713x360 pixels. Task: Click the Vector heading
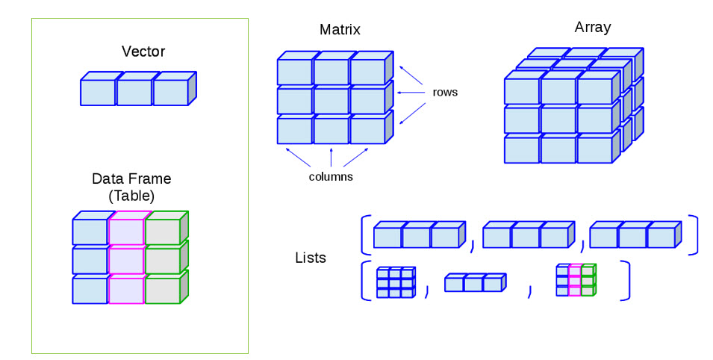pyautogui.click(x=143, y=52)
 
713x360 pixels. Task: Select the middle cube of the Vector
pyautogui.click(x=134, y=92)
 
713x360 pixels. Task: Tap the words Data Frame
pyautogui.click(x=131, y=179)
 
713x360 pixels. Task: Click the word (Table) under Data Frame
pyautogui.click(x=131, y=196)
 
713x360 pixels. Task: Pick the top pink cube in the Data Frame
pyautogui.click(x=126, y=232)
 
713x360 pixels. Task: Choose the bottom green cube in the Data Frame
pyautogui.click(x=163, y=290)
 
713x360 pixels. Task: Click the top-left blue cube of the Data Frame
pyautogui.click(x=90, y=232)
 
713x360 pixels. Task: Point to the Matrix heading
pyautogui.click(x=340, y=31)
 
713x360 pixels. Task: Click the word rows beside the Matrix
pyautogui.click(x=445, y=93)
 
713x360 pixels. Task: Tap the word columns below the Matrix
pyautogui.click(x=331, y=177)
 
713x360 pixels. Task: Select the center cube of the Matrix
pyautogui.click(x=331, y=100)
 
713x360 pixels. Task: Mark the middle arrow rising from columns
pyautogui.click(x=331, y=157)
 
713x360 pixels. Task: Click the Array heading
pyautogui.click(x=592, y=28)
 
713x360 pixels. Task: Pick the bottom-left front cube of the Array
pyautogui.click(x=522, y=149)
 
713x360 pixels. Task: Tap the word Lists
pyautogui.click(x=311, y=258)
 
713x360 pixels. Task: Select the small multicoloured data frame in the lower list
pyautogui.click(x=575, y=281)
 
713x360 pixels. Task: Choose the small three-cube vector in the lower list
pyautogui.click(x=475, y=284)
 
